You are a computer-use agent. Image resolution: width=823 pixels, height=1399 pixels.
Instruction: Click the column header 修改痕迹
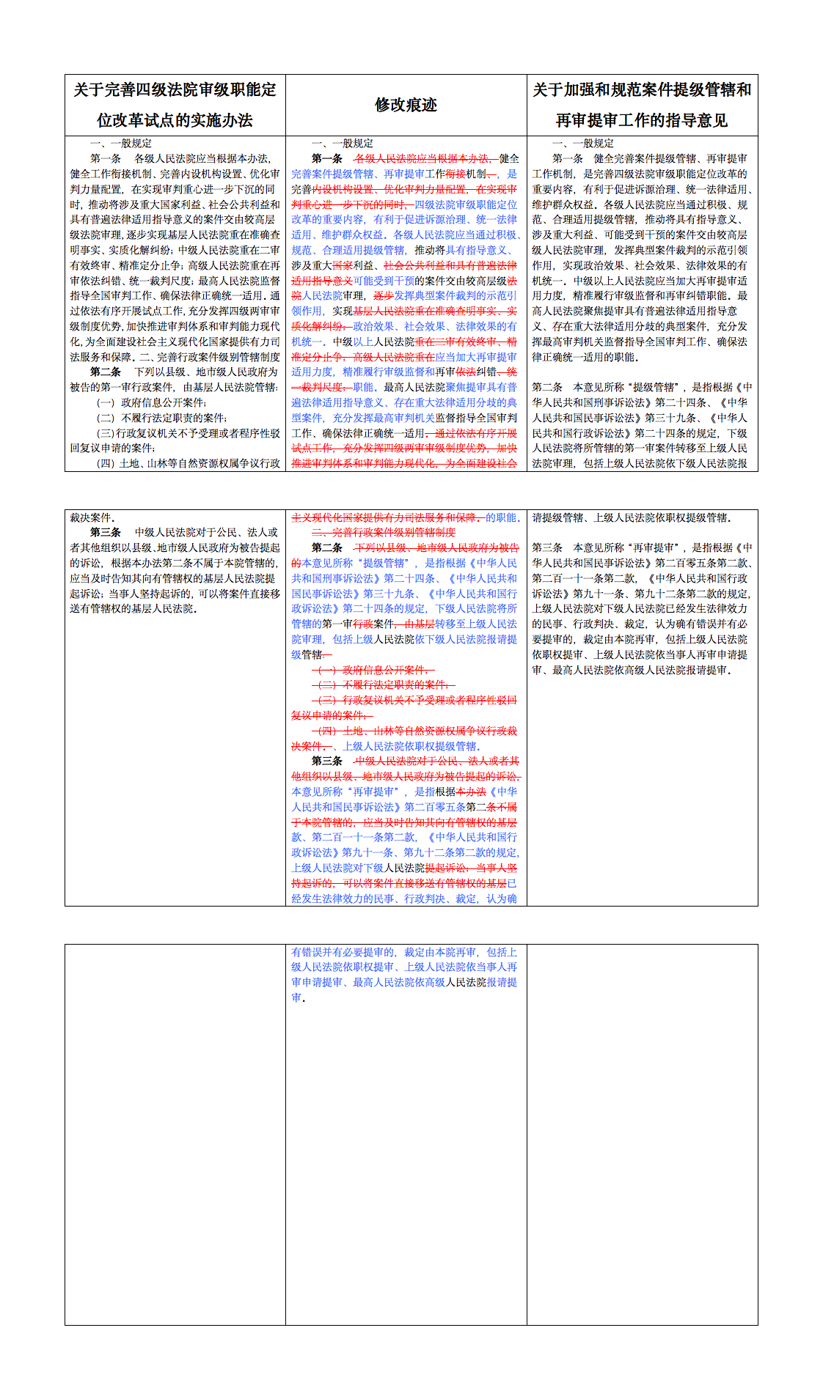406,105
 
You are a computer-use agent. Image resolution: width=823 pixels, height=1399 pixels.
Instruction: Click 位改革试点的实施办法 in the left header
175,120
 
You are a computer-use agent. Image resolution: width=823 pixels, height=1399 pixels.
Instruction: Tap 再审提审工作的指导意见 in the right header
642,120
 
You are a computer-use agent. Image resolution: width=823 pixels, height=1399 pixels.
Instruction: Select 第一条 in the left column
106,158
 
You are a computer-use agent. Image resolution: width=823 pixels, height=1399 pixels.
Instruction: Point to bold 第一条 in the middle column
327,158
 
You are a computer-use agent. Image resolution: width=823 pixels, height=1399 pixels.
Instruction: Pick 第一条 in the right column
568,158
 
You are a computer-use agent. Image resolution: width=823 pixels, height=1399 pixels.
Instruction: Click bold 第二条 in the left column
106,372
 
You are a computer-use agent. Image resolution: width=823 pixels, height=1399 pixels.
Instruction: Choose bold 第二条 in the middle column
327,547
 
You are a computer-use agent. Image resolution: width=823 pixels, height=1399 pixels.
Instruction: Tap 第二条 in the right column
547,387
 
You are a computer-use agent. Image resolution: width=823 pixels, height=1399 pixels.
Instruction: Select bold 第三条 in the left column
106,532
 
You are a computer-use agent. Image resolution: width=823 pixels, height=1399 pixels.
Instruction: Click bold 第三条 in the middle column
327,761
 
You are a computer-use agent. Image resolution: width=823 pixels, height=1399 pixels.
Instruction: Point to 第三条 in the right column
547,547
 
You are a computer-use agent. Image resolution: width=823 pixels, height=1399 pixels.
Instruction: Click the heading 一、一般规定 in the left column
121,144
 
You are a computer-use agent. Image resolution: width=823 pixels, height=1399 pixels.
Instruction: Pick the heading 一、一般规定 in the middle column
343,144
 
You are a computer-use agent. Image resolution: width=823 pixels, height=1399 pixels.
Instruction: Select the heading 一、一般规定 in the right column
583,144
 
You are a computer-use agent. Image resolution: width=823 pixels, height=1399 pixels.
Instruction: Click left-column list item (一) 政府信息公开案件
152,402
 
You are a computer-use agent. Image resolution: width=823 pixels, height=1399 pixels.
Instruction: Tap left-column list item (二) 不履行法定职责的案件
162,418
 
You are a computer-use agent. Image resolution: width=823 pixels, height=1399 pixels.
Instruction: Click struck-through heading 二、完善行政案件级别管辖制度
384,532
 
